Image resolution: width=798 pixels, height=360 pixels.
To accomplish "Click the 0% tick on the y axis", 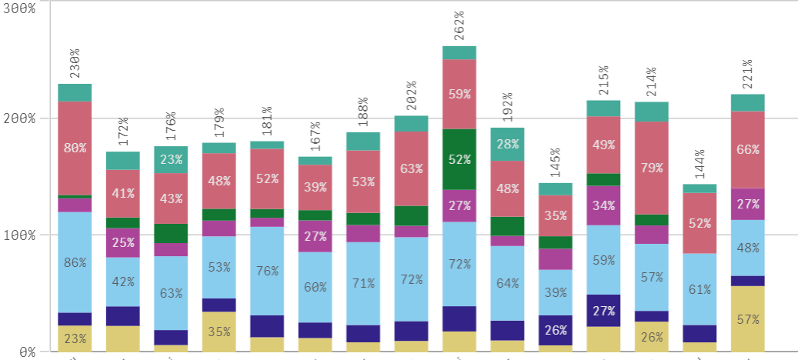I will point(25,352).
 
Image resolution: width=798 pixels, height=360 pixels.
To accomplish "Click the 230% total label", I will point(75,64).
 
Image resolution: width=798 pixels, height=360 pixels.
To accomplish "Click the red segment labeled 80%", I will point(75,148).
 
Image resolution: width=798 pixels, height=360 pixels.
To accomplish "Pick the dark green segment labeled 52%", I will point(459,159).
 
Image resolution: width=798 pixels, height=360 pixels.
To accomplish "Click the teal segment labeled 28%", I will point(507,144).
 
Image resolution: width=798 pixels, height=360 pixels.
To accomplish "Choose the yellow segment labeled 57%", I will point(746,318).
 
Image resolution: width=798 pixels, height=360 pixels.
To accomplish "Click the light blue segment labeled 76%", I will point(266,270).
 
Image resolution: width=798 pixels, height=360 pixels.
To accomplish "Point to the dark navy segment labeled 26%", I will point(555,330).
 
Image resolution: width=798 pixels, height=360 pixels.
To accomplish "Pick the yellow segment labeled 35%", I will point(219,332).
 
